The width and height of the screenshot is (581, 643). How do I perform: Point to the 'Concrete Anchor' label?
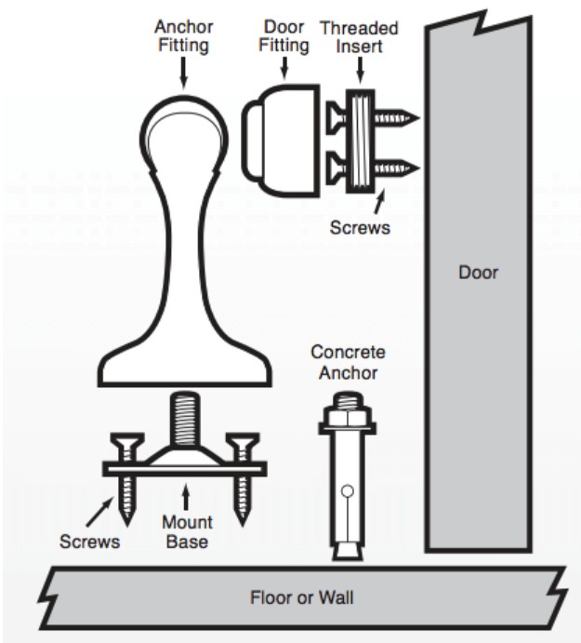(348, 363)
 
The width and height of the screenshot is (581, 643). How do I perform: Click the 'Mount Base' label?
(187, 531)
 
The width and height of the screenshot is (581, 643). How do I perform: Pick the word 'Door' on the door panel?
(479, 274)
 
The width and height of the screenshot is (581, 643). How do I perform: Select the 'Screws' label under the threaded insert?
(358, 226)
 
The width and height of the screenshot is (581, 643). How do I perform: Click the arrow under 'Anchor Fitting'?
(181, 70)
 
